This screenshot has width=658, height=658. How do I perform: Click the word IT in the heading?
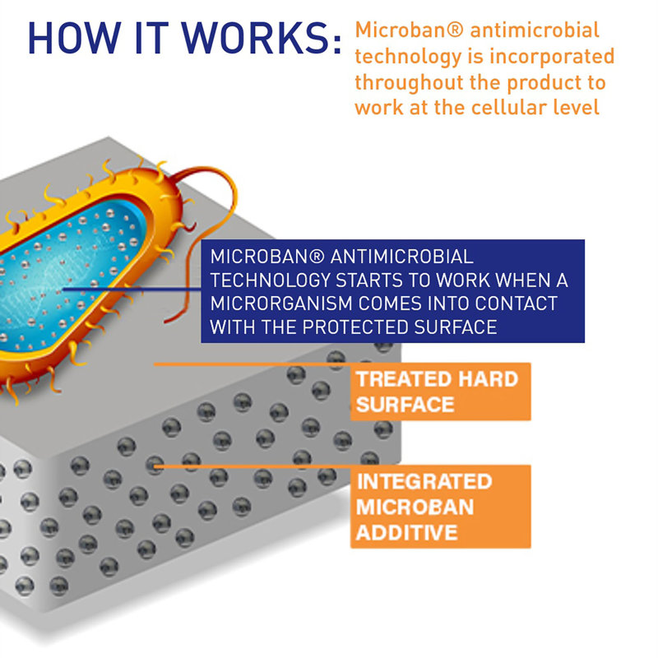[151, 38]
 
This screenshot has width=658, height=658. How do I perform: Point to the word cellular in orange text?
[508, 107]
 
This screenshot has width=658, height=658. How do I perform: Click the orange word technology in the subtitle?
[408, 57]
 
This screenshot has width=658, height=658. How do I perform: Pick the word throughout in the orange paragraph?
[409, 83]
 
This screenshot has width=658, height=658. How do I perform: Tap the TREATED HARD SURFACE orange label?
[441, 392]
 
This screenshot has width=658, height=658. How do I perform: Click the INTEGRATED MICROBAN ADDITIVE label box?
[441, 507]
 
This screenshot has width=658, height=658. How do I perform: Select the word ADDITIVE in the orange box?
[406, 532]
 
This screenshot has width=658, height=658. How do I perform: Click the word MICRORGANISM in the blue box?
[281, 304]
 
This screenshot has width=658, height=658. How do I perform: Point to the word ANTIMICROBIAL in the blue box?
[401, 257]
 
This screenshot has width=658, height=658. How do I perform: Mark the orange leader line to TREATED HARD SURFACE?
[253, 364]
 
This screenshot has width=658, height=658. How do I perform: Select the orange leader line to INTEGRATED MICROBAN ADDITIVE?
[253, 466]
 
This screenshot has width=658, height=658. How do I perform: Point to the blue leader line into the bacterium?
[132, 290]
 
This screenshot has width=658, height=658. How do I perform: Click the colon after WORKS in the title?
[337, 44]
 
